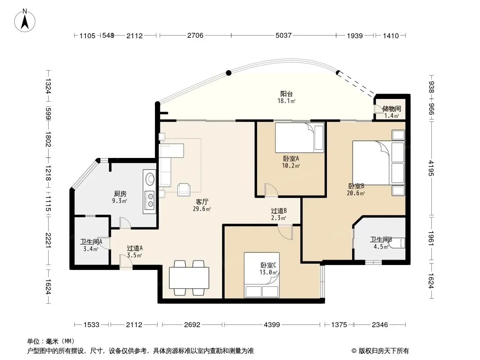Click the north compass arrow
pyautogui.click(x=25, y=22)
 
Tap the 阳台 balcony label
pyautogui.click(x=286, y=94)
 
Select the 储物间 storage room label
pyautogui.click(x=392, y=108)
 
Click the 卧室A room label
pyautogui.click(x=291, y=159)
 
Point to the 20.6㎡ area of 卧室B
pyautogui.click(x=356, y=193)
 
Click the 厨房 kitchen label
pyautogui.click(x=120, y=194)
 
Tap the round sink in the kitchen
pyautogui.click(x=150, y=179)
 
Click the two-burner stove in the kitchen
pyautogui.click(x=150, y=199)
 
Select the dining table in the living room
pyautogui.click(x=189, y=278)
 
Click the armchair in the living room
pyautogui.click(x=184, y=189)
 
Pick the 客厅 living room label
pyautogui.click(x=202, y=202)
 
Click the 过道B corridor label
pyautogui.click(x=279, y=211)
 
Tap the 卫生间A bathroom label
pyautogui.click(x=91, y=242)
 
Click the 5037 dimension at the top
pyautogui.click(x=284, y=36)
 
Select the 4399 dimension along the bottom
pyautogui.click(x=272, y=324)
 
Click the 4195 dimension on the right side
pyautogui.click(x=431, y=168)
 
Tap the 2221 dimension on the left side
pyautogui.click(x=48, y=240)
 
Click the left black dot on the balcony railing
pyautogui.click(x=229, y=73)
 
